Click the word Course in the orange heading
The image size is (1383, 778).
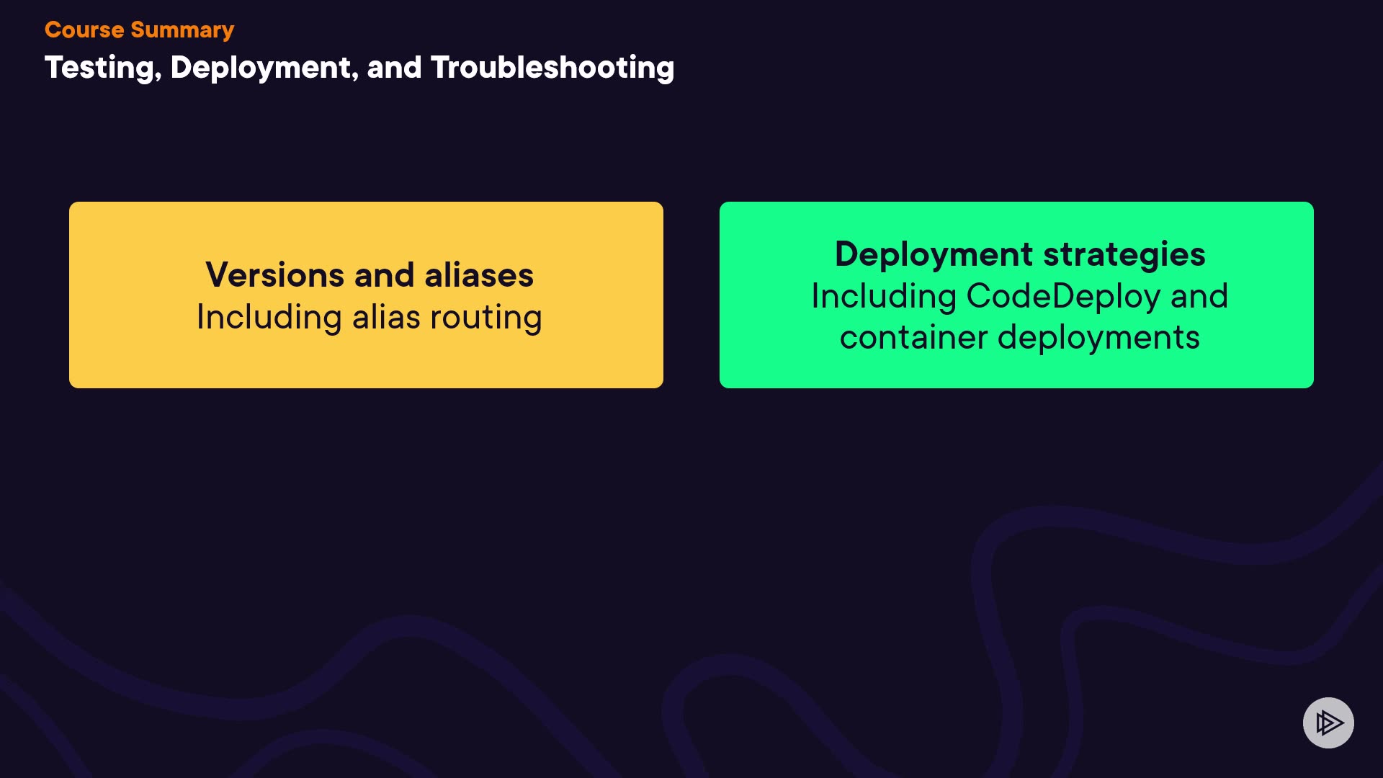pyautogui.click(x=84, y=30)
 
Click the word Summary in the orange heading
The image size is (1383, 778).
pyautogui.click(x=182, y=30)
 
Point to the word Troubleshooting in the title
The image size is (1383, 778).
pyautogui.click(x=552, y=68)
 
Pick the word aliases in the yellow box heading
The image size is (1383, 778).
pyautogui.click(x=479, y=275)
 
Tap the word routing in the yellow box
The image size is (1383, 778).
pyautogui.click(x=486, y=318)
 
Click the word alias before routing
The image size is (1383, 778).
pyautogui.click(x=386, y=318)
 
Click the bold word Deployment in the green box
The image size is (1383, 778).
pyautogui.click(x=934, y=254)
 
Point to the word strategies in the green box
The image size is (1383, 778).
pyautogui.click(x=1124, y=254)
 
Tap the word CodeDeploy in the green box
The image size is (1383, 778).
pyautogui.click(x=1063, y=297)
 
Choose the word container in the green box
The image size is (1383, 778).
pyautogui.click(x=913, y=338)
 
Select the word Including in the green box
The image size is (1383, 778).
pyautogui.click(x=884, y=297)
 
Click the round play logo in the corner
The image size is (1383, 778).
pyautogui.click(x=1328, y=723)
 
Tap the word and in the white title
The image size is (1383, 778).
pyautogui.click(x=394, y=68)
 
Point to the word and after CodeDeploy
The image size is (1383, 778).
pyautogui.click(x=1199, y=297)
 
